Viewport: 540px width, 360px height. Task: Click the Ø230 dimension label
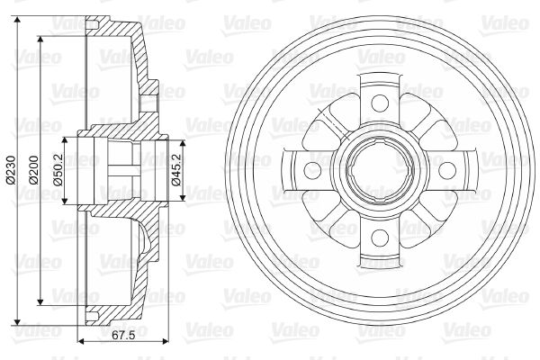click(11, 169)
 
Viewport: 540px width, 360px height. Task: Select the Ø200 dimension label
click(34, 169)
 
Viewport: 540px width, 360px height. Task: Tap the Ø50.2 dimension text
click(58, 169)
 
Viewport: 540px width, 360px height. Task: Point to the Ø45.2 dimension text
click(176, 169)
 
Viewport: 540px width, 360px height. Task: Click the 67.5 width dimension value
click(123, 335)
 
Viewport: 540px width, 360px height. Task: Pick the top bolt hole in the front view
click(380, 103)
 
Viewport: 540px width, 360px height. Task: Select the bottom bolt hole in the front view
click(380, 238)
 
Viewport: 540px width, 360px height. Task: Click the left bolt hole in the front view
click(312, 170)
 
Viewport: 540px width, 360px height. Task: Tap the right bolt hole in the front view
click(447, 170)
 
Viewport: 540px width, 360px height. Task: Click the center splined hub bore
click(380, 170)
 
